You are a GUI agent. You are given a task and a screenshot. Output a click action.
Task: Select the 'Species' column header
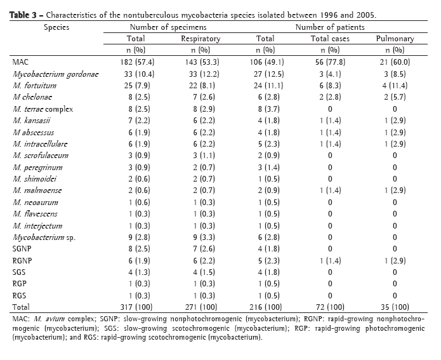pos(56,27)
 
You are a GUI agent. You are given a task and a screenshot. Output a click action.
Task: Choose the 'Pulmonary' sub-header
pos(394,39)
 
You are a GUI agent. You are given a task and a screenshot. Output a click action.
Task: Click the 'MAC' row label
pos(20,62)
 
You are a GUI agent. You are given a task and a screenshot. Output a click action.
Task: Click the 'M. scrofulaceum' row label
pos(42,155)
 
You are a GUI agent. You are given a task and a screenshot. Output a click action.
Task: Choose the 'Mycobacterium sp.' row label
pos(45,236)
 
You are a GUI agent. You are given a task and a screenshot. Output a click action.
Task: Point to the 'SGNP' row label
pos(23,248)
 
